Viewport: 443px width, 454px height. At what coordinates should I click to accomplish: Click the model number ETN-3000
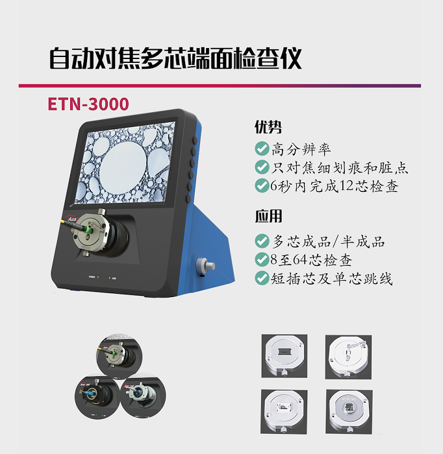click(88, 104)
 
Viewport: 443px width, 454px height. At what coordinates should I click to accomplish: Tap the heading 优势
click(268, 127)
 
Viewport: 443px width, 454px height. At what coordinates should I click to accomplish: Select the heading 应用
click(268, 216)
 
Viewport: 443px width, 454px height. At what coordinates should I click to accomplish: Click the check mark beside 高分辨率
click(262, 149)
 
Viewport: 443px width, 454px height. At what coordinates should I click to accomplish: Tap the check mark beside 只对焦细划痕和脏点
click(262, 167)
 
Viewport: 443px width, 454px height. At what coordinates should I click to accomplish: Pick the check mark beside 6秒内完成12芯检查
click(262, 185)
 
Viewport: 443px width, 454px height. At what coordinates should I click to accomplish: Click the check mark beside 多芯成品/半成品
click(262, 241)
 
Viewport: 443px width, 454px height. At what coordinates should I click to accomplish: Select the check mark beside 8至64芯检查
click(262, 259)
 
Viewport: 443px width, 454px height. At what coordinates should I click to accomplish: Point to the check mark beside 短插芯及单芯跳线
click(262, 278)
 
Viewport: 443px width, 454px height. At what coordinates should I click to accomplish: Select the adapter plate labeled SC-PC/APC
click(349, 412)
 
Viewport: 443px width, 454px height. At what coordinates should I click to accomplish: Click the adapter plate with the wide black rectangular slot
click(284, 356)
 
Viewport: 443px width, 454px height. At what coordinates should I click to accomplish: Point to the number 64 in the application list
click(300, 259)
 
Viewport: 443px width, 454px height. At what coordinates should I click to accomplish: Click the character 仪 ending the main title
click(291, 59)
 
